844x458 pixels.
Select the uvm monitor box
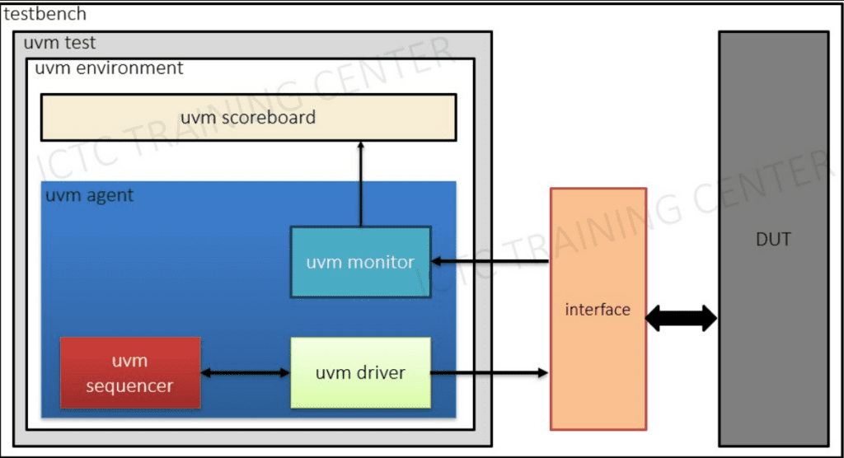point(360,261)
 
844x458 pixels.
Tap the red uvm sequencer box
point(130,372)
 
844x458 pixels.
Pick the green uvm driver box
point(360,372)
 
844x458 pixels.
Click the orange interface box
point(598,309)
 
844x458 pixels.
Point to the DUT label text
point(772,240)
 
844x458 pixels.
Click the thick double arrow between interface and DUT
point(681,318)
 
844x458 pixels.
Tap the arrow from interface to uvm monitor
point(490,262)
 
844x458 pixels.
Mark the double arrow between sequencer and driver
point(246,373)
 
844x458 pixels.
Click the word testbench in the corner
point(45,15)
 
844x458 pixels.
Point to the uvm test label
point(60,43)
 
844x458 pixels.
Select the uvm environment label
point(109,68)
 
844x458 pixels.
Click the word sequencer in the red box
point(130,386)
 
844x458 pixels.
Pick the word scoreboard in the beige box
point(273,117)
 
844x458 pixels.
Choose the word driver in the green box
point(380,372)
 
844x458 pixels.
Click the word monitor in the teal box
point(382,262)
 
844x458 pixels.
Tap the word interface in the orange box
point(598,310)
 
